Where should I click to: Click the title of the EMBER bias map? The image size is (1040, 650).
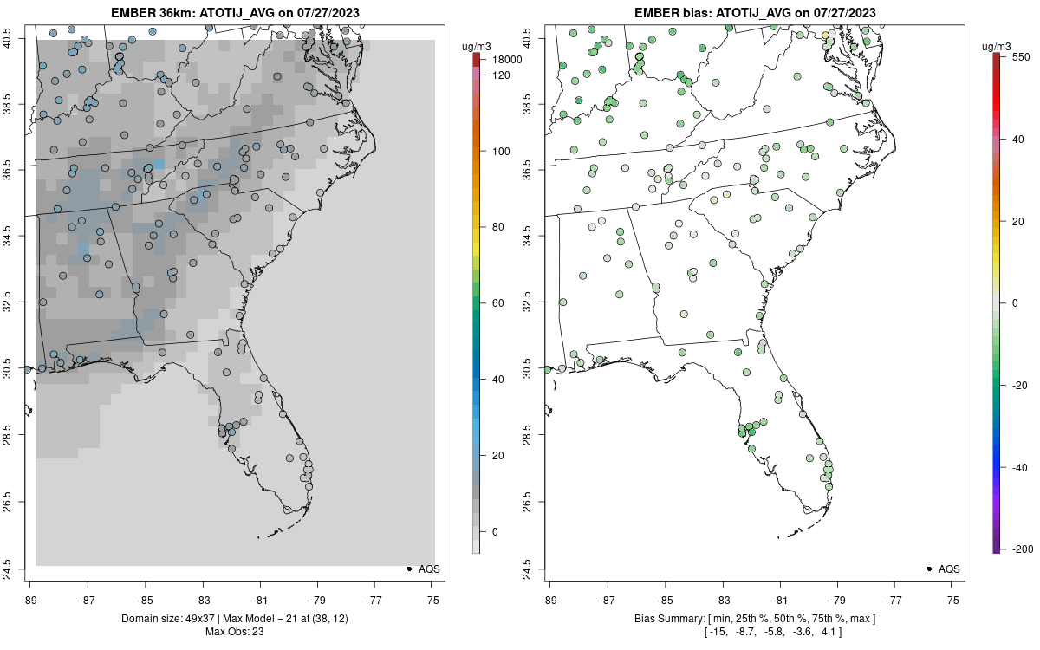point(755,12)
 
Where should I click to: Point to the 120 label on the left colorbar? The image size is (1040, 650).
point(501,75)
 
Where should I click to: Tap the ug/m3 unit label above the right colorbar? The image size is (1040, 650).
point(1000,45)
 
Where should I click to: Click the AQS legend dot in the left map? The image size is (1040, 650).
point(408,569)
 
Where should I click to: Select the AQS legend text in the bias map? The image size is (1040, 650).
point(950,569)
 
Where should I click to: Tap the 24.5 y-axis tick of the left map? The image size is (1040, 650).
point(17,569)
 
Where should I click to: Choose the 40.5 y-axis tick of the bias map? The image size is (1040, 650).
point(536,39)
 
